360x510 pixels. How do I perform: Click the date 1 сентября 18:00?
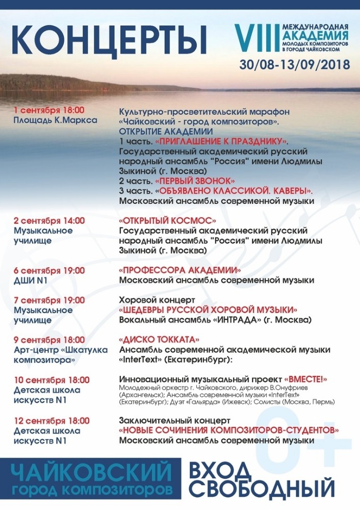(x=49, y=110)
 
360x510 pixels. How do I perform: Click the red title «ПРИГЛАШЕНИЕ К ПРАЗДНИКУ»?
(x=222, y=141)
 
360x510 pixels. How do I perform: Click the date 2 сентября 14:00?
(x=49, y=221)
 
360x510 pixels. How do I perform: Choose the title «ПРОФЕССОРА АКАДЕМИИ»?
(x=180, y=270)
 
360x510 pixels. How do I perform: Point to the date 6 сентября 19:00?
(x=49, y=270)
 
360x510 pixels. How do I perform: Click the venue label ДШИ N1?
(x=31, y=280)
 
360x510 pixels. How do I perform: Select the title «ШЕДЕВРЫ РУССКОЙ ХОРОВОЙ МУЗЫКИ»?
(x=208, y=310)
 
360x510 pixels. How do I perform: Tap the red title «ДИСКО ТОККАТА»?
(x=159, y=340)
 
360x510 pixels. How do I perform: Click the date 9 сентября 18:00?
(x=49, y=340)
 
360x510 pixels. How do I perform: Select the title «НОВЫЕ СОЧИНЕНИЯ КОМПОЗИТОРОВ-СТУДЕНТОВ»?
(x=228, y=430)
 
